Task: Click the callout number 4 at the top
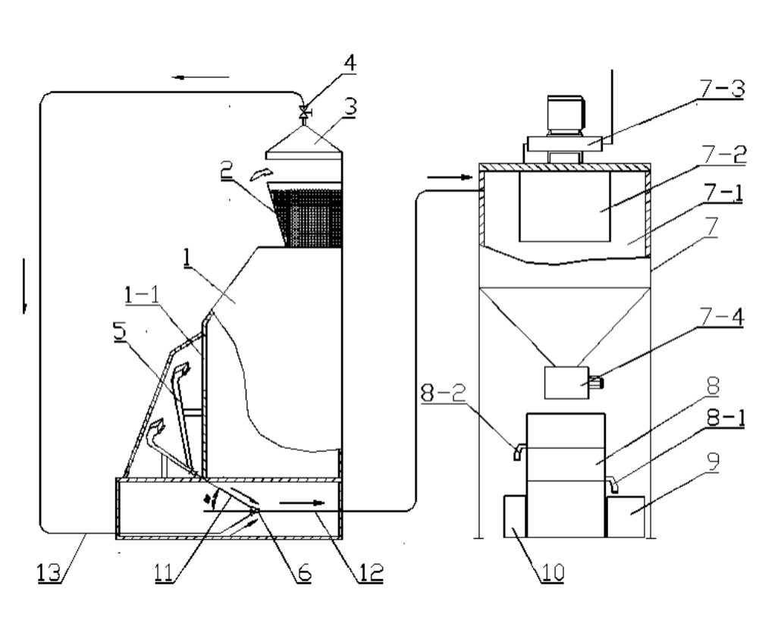(350, 63)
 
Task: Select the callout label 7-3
(722, 89)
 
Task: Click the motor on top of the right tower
(566, 115)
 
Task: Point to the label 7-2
(724, 155)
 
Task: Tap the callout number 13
(49, 573)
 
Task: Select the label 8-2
(444, 393)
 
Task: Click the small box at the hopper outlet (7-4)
(567, 383)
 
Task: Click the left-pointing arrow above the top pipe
(200, 77)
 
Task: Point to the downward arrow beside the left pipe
(24, 286)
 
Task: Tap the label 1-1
(142, 295)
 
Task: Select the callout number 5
(120, 332)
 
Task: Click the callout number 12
(371, 573)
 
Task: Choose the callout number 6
(304, 573)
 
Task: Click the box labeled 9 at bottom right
(626, 517)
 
